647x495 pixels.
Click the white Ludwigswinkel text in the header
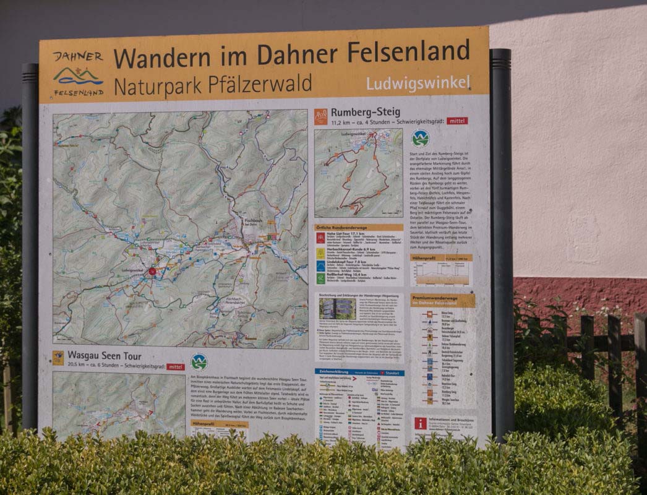tap(418, 83)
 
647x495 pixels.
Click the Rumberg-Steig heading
tap(365, 113)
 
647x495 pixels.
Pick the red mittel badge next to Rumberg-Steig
tap(457, 121)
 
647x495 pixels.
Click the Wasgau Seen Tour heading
tap(104, 356)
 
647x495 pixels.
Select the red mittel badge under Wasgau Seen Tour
tap(175, 366)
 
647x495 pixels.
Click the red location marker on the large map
tap(152, 271)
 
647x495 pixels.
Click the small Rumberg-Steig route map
tap(358, 173)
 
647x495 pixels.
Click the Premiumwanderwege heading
tap(443, 300)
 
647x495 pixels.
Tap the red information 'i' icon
tap(421, 423)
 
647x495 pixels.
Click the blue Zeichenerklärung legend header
tap(359, 372)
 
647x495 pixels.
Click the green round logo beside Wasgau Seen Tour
tap(199, 361)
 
